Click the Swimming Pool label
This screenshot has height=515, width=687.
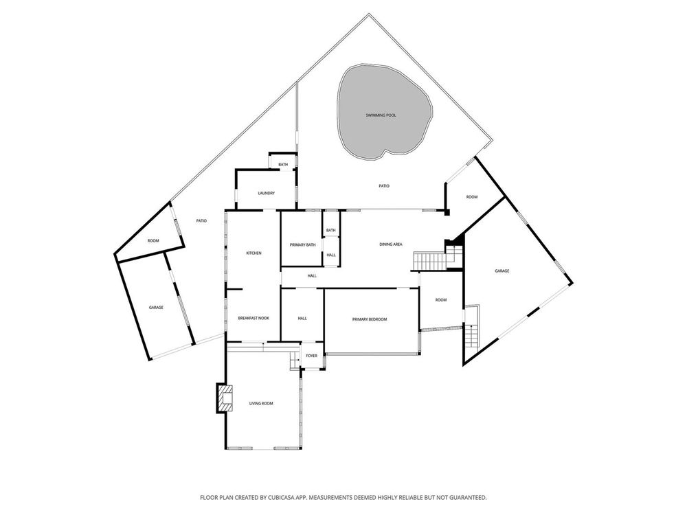[381, 115]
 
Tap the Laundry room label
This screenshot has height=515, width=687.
[267, 193]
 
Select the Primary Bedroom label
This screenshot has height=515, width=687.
[370, 319]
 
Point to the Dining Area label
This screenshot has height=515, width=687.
[391, 244]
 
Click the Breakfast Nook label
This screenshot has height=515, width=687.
[254, 318]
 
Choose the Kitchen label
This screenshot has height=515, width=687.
[254, 253]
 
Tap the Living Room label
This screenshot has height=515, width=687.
[261, 403]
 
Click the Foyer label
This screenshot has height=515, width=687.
[311, 356]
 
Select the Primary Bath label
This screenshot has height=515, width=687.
[303, 245]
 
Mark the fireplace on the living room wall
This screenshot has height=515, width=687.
[225, 398]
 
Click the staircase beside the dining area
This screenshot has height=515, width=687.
[430, 262]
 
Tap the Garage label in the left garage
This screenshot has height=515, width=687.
[156, 308]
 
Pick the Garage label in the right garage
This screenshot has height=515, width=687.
[502, 271]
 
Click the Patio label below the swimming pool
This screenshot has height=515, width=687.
[384, 186]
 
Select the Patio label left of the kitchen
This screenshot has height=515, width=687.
[201, 220]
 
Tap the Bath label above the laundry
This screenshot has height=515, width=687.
[284, 165]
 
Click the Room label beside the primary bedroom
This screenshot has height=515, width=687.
[441, 300]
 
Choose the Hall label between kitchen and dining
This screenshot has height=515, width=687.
[312, 276]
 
